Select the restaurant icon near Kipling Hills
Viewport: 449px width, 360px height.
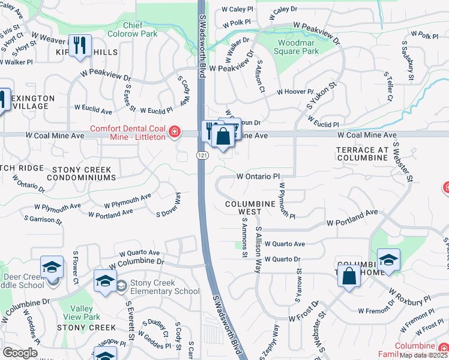pos(80,46)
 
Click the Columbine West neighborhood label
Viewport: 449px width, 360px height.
pos(252,208)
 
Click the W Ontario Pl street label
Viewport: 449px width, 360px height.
pos(258,177)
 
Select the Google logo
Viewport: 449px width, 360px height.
pos(20,353)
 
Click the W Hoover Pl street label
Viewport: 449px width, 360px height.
pos(295,92)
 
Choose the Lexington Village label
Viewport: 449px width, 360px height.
pos(33,102)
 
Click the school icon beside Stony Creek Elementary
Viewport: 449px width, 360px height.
pos(104,281)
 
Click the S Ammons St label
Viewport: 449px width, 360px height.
pos(244,239)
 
